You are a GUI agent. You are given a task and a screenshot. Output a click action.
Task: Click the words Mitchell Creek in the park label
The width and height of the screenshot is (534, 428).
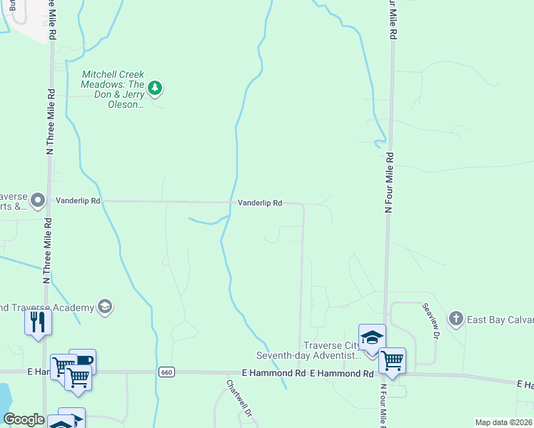[113, 74]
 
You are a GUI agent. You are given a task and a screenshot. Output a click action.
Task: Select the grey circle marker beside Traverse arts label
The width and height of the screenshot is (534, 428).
[39, 200]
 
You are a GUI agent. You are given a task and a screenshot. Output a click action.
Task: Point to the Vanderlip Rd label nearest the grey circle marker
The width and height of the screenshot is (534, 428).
[79, 202]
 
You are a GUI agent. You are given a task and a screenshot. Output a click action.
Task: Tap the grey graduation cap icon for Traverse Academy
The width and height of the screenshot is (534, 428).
[105, 307]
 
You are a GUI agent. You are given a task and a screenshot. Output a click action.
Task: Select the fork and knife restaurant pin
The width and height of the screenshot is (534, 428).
[38, 322]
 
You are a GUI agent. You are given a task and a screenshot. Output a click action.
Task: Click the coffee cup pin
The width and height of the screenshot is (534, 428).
[83, 360]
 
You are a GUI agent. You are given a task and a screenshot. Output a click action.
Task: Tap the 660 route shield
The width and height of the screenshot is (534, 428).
[166, 372]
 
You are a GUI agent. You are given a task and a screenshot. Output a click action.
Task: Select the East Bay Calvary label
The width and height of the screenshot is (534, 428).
[500, 319]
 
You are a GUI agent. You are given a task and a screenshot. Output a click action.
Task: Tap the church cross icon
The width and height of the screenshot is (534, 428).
[455, 318]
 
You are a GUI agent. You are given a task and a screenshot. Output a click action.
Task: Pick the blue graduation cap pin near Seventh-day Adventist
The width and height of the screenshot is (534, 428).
[372, 337]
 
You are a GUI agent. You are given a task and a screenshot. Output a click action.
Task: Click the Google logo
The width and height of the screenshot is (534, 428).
[24, 419]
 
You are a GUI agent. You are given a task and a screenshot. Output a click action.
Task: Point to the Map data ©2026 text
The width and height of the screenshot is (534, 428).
[504, 422]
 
